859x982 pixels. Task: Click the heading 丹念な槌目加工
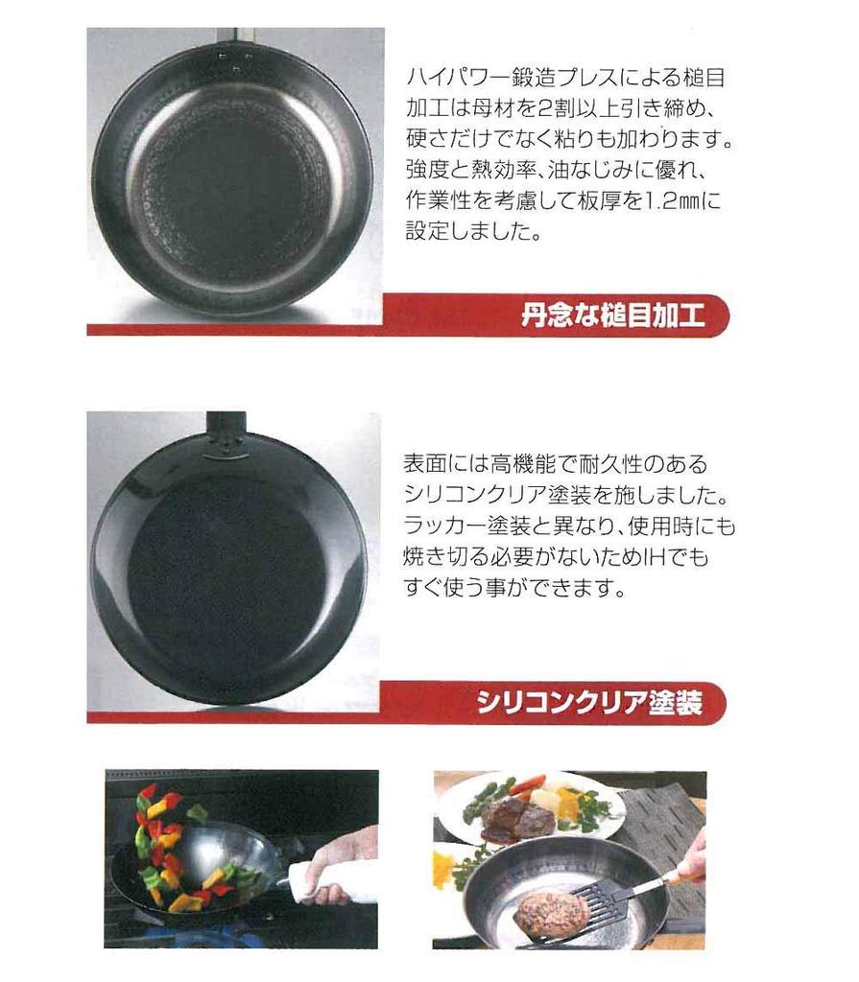611,316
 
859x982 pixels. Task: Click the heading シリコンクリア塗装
589,705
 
